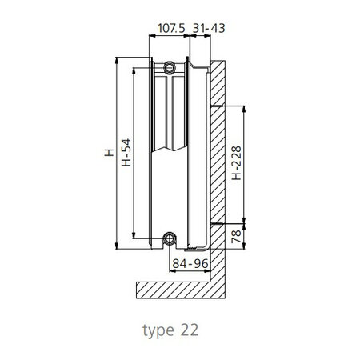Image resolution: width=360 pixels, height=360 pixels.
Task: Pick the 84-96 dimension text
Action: click(189, 263)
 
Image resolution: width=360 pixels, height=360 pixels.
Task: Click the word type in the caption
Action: click(158, 330)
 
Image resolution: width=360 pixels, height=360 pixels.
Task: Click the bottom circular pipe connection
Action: click(169, 238)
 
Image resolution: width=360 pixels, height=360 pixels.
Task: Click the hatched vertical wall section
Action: click(218, 160)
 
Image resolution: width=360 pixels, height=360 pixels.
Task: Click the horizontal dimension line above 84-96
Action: click(189, 254)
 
